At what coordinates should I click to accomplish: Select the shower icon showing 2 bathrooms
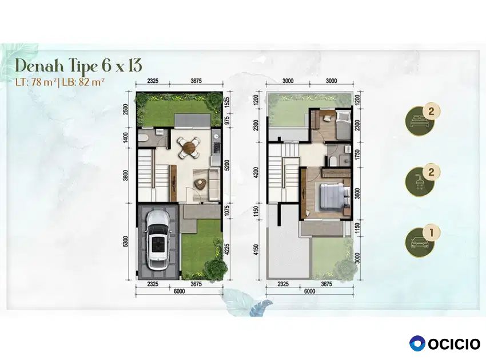tap(420, 181)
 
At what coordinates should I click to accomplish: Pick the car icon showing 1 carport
tap(420, 242)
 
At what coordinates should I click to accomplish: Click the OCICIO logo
tap(444, 344)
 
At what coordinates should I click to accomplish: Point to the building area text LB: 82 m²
tap(83, 82)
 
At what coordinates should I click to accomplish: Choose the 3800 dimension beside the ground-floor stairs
tap(125, 175)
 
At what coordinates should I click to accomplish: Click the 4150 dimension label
tap(256, 250)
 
